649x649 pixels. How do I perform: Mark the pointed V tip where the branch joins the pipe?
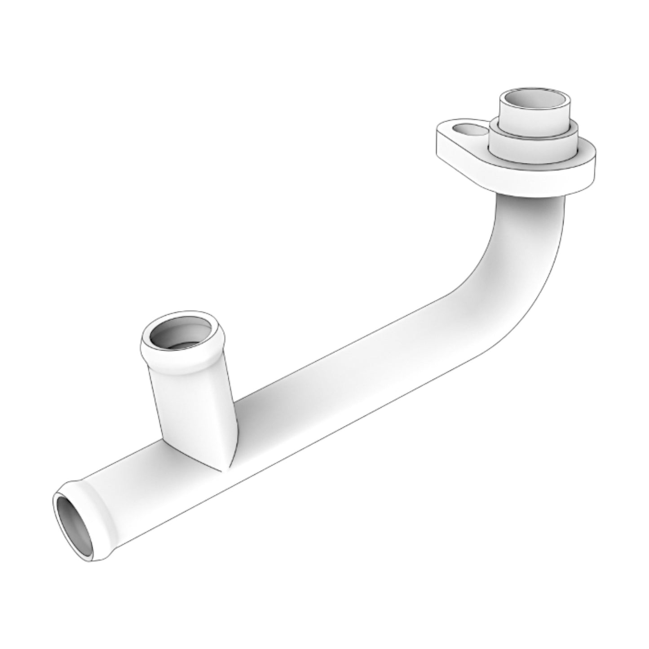(x=223, y=469)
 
